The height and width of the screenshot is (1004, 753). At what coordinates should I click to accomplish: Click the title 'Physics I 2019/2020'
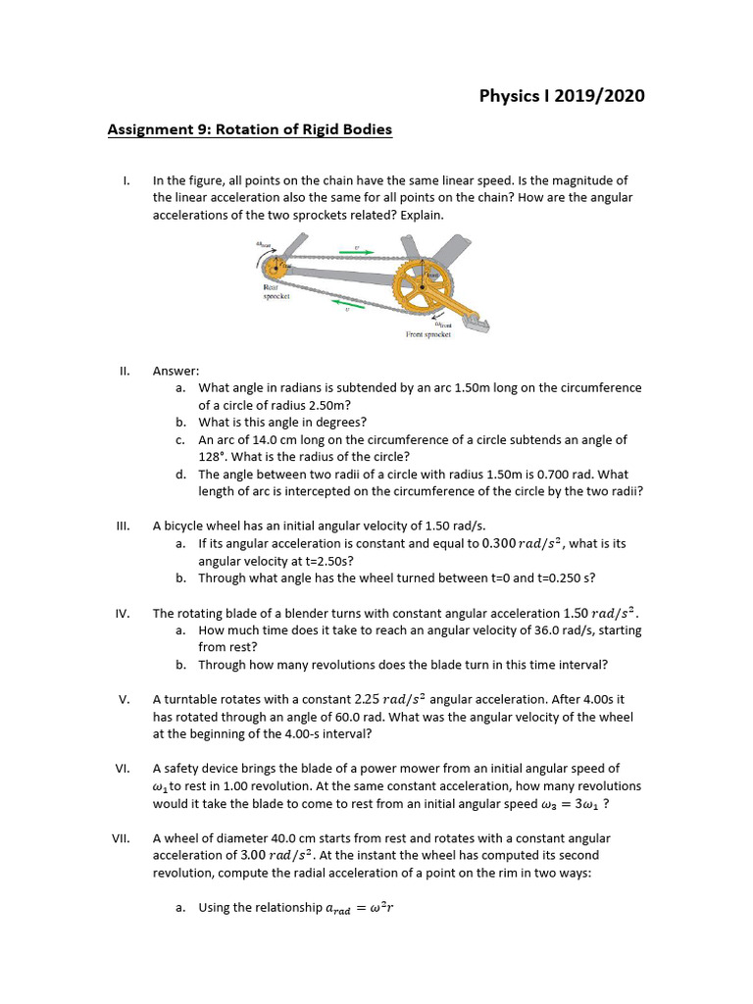tap(562, 95)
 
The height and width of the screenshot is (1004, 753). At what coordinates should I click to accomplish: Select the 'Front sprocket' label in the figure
tap(427, 334)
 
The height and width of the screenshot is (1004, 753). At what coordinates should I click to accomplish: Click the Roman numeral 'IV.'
tap(123, 614)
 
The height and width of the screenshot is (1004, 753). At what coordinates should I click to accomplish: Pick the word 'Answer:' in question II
tap(176, 371)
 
